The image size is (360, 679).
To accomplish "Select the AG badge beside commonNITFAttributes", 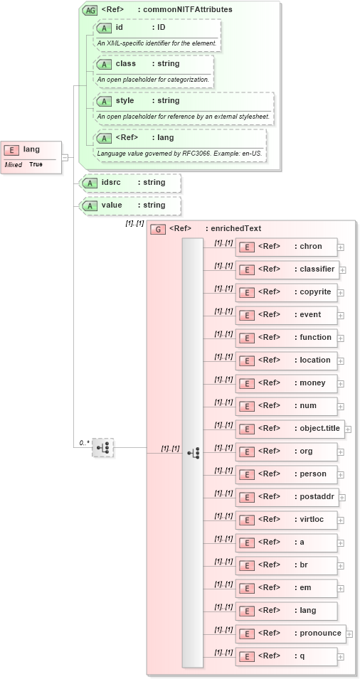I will pos(90,10).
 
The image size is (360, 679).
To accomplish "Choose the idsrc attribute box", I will pos(131,183).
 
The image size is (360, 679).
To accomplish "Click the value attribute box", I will pos(131,205).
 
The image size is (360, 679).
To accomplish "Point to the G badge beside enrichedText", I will pos(158,229).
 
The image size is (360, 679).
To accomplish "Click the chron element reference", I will pos(286,247).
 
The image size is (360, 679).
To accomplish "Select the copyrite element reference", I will pos(286,292).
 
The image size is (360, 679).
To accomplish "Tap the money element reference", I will pos(286,383).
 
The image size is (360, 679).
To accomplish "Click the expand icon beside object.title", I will pos(348,429).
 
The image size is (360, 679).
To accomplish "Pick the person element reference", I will pos(286,474).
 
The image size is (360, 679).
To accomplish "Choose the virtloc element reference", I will pos(286,520).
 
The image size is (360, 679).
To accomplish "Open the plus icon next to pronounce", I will pos(349,634).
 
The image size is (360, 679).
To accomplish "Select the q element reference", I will pos(286,656).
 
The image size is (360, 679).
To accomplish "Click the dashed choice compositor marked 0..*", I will pos(103,447).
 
